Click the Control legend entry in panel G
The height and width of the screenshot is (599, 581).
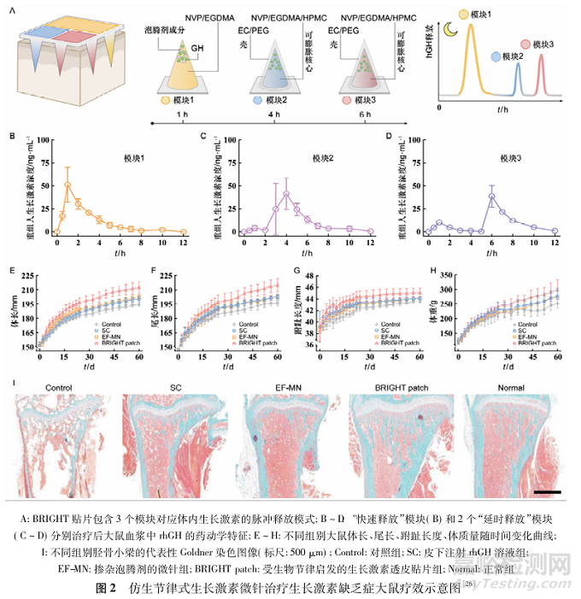(x=390, y=324)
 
